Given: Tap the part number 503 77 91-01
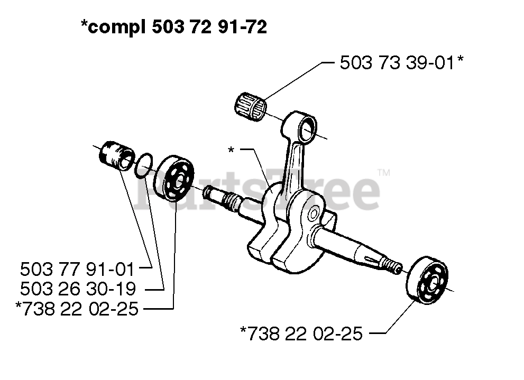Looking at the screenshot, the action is click(77, 269).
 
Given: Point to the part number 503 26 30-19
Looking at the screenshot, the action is click(77, 289).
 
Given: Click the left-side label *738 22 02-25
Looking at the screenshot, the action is click(77, 309).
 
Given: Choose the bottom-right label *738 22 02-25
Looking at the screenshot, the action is click(301, 334).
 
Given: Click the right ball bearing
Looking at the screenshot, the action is click(429, 281).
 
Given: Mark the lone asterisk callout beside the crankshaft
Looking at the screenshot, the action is click(231, 150).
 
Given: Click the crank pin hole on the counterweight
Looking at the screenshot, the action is click(313, 214).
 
